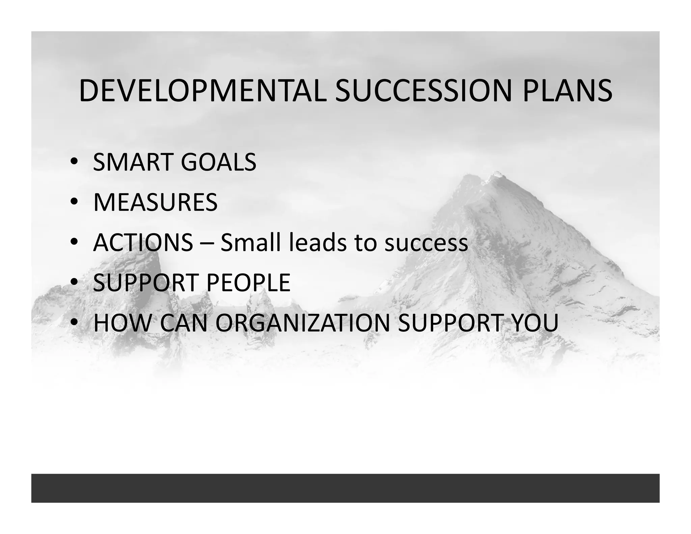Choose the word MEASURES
(x=155, y=203)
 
